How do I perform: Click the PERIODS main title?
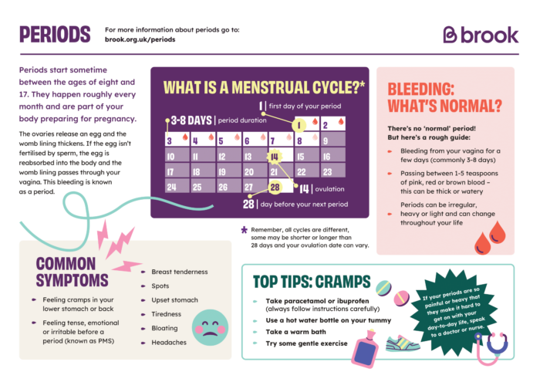pos(55,35)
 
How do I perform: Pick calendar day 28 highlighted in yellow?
pos(275,188)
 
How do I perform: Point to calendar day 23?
pos(328,172)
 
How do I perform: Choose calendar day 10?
pos(170,157)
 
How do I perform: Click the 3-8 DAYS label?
pos(190,120)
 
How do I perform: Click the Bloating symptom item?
pos(165,328)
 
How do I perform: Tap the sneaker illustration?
pos(403,341)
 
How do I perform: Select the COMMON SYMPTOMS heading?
pos(74,272)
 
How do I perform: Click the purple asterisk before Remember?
pos(245,230)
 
